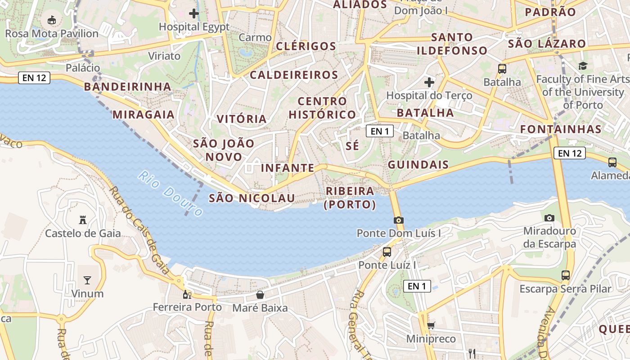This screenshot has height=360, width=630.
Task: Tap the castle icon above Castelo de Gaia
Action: (x=83, y=220)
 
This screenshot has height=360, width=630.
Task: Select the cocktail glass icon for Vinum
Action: (x=87, y=280)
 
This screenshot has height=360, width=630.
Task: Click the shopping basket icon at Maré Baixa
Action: (x=260, y=295)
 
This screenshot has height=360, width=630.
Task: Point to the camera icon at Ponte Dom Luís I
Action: (x=398, y=220)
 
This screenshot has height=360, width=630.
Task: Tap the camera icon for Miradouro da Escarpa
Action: (x=549, y=218)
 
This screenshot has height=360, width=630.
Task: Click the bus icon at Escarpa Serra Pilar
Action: (x=566, y=275)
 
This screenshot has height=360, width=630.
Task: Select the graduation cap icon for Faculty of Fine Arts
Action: (x=583, y=66)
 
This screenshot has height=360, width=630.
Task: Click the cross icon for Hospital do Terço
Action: (x=429, y=82)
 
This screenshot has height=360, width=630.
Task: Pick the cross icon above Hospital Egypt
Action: (x=194, y=13)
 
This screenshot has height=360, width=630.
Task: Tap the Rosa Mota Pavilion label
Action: (x=52, y=33)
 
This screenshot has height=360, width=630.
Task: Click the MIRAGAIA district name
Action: (x=144, y=114)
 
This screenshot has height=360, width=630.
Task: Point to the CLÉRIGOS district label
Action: (x=306, y=46)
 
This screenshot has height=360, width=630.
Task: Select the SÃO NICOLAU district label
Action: (x=252, y=198)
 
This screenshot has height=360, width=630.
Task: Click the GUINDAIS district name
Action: (x=418, y=165)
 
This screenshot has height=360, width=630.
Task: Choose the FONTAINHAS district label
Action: (x=561, y=129)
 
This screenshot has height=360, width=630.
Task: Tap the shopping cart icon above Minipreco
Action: (x=431, y=325)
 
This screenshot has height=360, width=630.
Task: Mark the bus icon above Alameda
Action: (x=612, y=162)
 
